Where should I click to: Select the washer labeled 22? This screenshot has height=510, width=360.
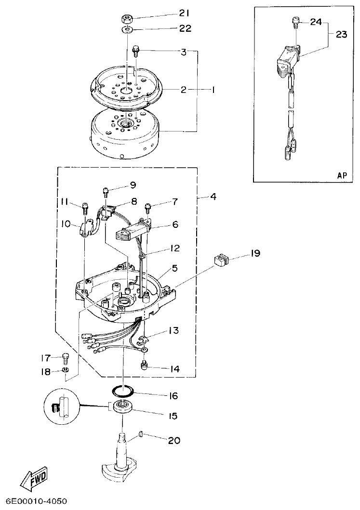127,30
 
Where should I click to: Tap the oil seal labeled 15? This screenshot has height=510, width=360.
123,406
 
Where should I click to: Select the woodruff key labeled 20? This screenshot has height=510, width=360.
140,435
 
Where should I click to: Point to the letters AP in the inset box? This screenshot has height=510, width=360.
342,175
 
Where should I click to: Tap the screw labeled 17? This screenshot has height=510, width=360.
65,357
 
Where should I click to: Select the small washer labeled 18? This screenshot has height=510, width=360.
65,369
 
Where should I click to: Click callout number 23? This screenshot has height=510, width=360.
342,34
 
